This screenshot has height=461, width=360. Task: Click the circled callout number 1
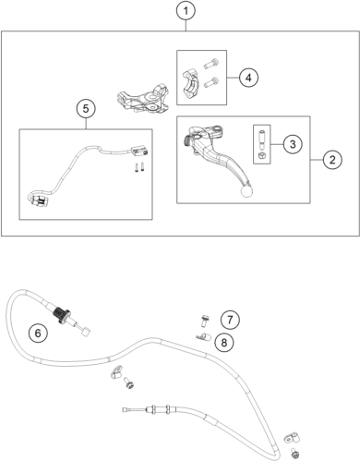(186, 11)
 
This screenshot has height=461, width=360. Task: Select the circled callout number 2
(332, 160)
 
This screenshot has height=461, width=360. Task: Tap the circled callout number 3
(293, 144)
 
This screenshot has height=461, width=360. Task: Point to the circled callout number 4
(248, 78)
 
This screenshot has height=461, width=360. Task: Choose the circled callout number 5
(86, 109)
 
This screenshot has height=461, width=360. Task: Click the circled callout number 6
(38, 333)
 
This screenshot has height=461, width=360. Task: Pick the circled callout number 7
(230, 320)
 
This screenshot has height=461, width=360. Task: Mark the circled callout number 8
(224, 342)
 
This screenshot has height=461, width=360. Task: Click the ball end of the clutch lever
(247, 191)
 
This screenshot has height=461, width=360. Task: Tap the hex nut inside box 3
(261, 155)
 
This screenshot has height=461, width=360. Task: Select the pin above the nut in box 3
(261, 140)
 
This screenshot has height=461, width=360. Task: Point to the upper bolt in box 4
(211, 64)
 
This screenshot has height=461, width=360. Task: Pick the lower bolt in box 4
(211, 81)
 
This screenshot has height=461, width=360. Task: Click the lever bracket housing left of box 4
(143, 98)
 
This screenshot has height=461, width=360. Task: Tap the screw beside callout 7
(204, 321)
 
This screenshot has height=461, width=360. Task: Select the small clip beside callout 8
(203, 337)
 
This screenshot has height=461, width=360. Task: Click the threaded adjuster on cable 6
(62, 314)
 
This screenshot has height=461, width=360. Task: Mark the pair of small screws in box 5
(139, 167)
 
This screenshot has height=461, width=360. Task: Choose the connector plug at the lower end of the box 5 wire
(39, 200)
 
